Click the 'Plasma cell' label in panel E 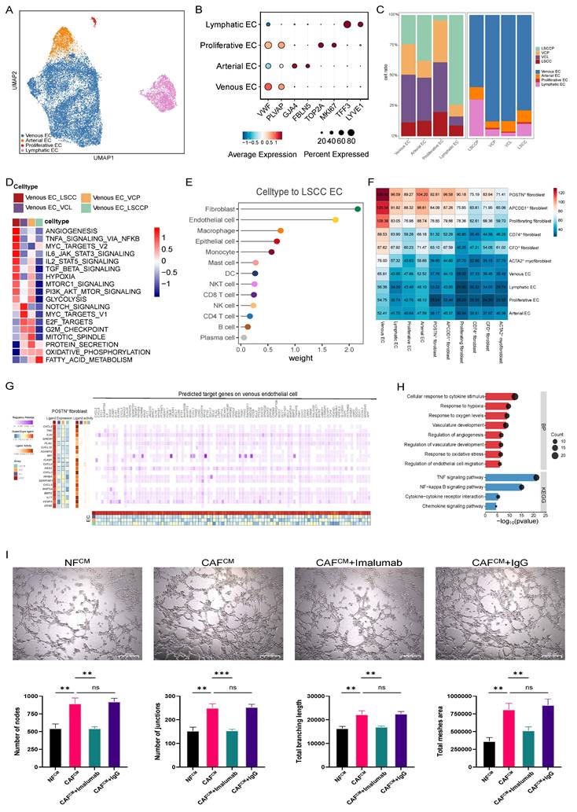click(x=216, y=336)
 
